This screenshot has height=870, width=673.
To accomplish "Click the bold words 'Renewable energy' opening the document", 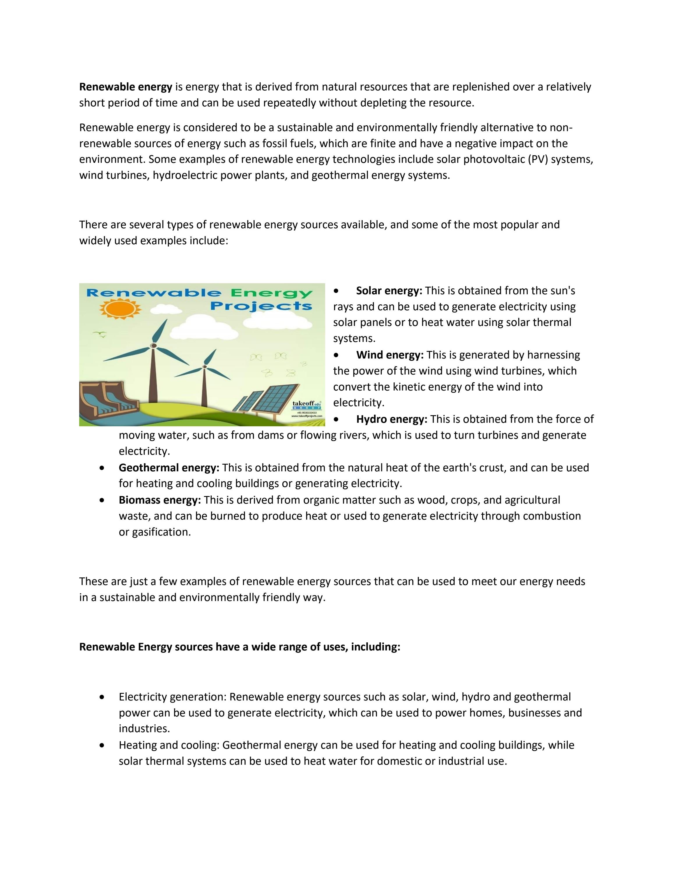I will point(125,87).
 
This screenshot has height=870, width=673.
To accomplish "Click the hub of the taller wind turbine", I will point(152,346).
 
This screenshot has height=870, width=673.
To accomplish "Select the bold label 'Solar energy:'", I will point(389,291).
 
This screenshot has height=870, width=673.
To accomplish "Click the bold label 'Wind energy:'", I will point(389,355).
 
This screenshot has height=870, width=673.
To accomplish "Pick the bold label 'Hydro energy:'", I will point(392,419).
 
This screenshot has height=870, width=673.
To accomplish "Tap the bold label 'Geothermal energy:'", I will point(169,468).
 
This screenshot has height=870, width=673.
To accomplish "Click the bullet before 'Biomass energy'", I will point(103,500).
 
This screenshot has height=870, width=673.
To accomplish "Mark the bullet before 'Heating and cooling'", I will point(103,745).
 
